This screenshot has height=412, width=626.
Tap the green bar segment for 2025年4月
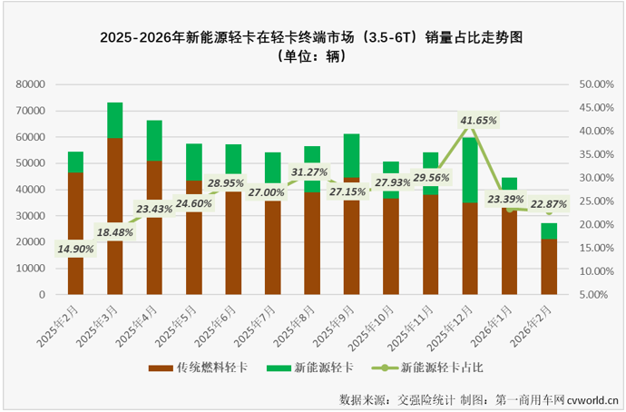pyautogui.click(x=154, y=141)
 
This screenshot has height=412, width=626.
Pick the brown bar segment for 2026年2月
pyautogui.click(x=549, y=268)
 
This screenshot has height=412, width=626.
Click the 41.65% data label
pyautogui.click(x=478, y=120)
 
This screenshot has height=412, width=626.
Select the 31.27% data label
pyautogui.click(x=310, y=172)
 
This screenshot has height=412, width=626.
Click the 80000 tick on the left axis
pyautogui.click(x=31, y=84)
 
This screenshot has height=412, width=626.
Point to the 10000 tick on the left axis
pyautogui.click(x=31, y=269)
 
